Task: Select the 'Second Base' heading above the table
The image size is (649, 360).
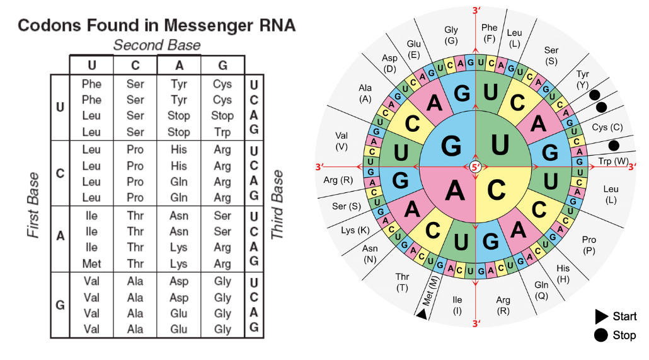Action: [x=157, y=45]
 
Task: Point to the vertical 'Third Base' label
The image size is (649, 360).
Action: [x=277, y=206]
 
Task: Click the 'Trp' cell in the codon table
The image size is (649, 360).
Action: [x=222, y=132]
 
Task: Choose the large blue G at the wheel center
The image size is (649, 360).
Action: [x=451, y=145]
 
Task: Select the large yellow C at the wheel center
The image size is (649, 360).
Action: [x=498, y=188]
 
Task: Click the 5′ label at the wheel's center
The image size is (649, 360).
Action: [x=476, y=167]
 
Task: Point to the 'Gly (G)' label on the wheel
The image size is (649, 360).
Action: [x=451, y=35]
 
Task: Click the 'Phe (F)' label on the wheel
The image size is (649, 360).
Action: [x=489, y=33]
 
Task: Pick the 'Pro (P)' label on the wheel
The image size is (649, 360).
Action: [x=589, y=245]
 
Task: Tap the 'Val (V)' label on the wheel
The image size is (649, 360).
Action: [x=342, y=141]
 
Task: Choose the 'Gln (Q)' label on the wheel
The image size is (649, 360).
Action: [x=542, y=289]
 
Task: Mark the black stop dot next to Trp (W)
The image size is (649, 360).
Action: [x=614, y=146]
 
